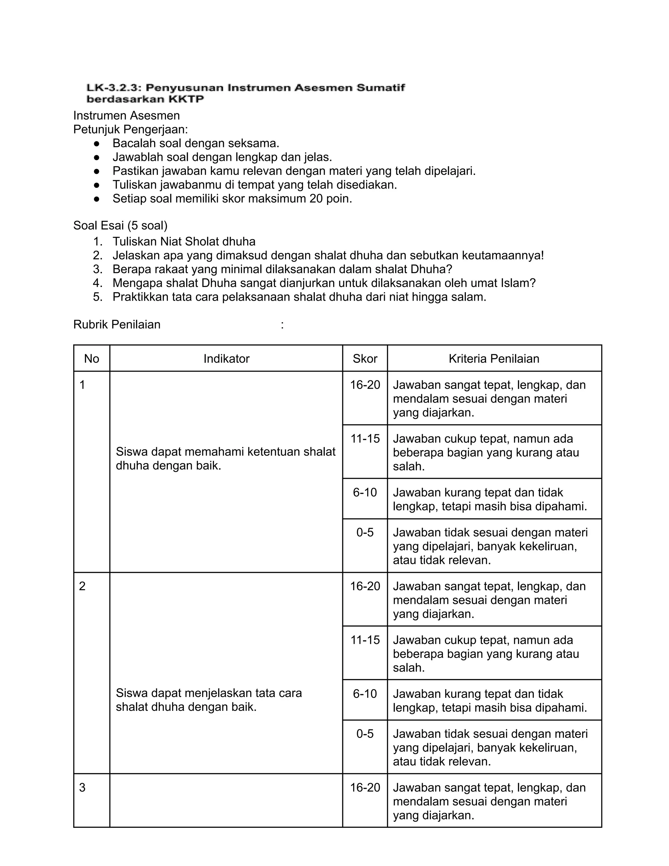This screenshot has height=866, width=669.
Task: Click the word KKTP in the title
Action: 186,99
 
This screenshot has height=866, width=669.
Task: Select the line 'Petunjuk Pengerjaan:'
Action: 130,129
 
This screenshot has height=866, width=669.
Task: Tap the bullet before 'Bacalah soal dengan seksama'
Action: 96,143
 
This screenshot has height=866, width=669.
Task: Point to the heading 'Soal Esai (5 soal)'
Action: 120,225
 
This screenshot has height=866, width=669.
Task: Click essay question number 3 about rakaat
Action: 282,269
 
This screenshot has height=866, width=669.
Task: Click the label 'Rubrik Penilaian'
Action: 117,325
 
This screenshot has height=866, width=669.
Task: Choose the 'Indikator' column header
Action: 226,358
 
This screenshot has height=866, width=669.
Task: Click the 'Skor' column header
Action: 365,358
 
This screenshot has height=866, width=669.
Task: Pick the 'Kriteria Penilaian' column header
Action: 494,358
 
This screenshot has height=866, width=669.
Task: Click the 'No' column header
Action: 91,358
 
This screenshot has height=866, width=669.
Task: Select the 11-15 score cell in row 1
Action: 365,439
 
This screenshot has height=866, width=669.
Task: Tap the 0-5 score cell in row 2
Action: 365,734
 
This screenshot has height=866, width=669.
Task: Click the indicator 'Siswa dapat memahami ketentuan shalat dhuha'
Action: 225,458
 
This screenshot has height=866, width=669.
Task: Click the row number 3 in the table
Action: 82,788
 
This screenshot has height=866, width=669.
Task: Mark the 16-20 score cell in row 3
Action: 365,788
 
